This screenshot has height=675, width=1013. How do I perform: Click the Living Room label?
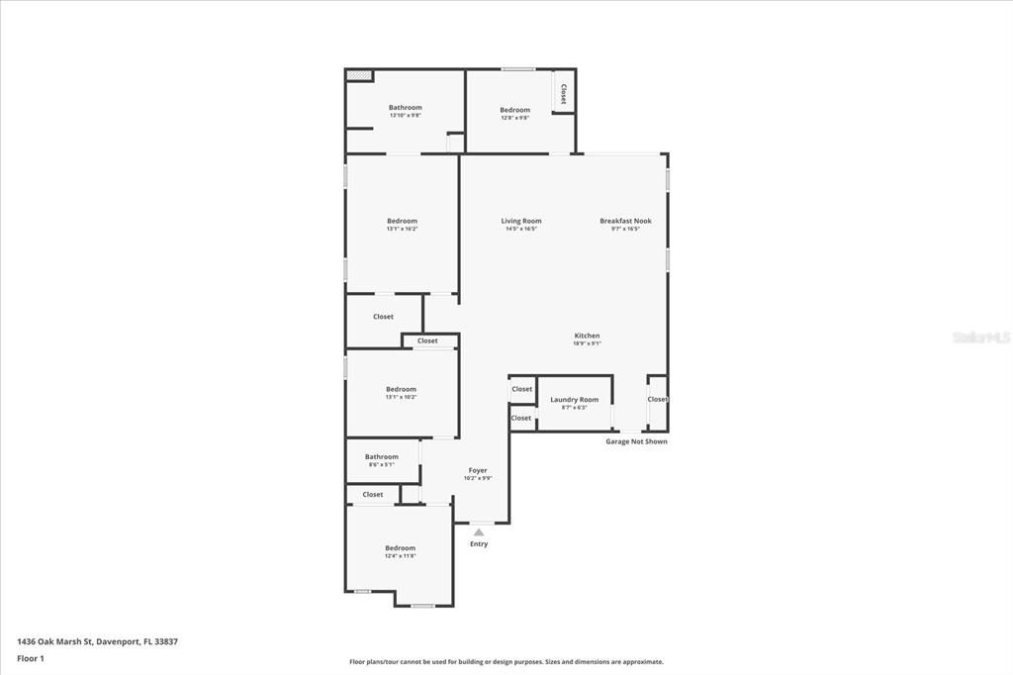[520, 221]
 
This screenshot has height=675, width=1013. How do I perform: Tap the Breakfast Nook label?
[625, 221]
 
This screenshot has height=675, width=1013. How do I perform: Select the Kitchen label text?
[587, 336]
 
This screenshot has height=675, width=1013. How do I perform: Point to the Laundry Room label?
[574, 400]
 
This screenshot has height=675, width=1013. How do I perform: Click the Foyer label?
[478, 470]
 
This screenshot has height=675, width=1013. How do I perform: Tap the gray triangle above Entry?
[479, 532]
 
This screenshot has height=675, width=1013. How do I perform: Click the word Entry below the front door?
[479, 544]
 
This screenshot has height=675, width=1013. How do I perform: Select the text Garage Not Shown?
[636, 441]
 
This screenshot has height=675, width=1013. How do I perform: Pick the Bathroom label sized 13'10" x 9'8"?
[405, 108]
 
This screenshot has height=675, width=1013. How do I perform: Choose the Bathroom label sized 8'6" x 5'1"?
[381, 457]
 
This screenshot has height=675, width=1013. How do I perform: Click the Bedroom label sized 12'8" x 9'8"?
[514, 110]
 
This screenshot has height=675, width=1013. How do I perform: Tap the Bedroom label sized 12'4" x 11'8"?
[400, 548]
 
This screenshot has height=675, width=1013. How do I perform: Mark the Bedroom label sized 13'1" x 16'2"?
[402, 221]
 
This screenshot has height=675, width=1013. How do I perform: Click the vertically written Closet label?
[564, 94]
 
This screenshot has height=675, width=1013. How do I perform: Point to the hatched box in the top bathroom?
[359, 75]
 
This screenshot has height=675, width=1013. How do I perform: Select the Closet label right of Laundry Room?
[658, 399]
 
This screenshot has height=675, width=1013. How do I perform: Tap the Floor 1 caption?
[31, 657]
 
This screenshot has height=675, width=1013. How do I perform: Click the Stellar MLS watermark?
[980, 337]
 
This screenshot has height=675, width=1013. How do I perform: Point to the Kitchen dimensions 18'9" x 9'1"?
[587, 343]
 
